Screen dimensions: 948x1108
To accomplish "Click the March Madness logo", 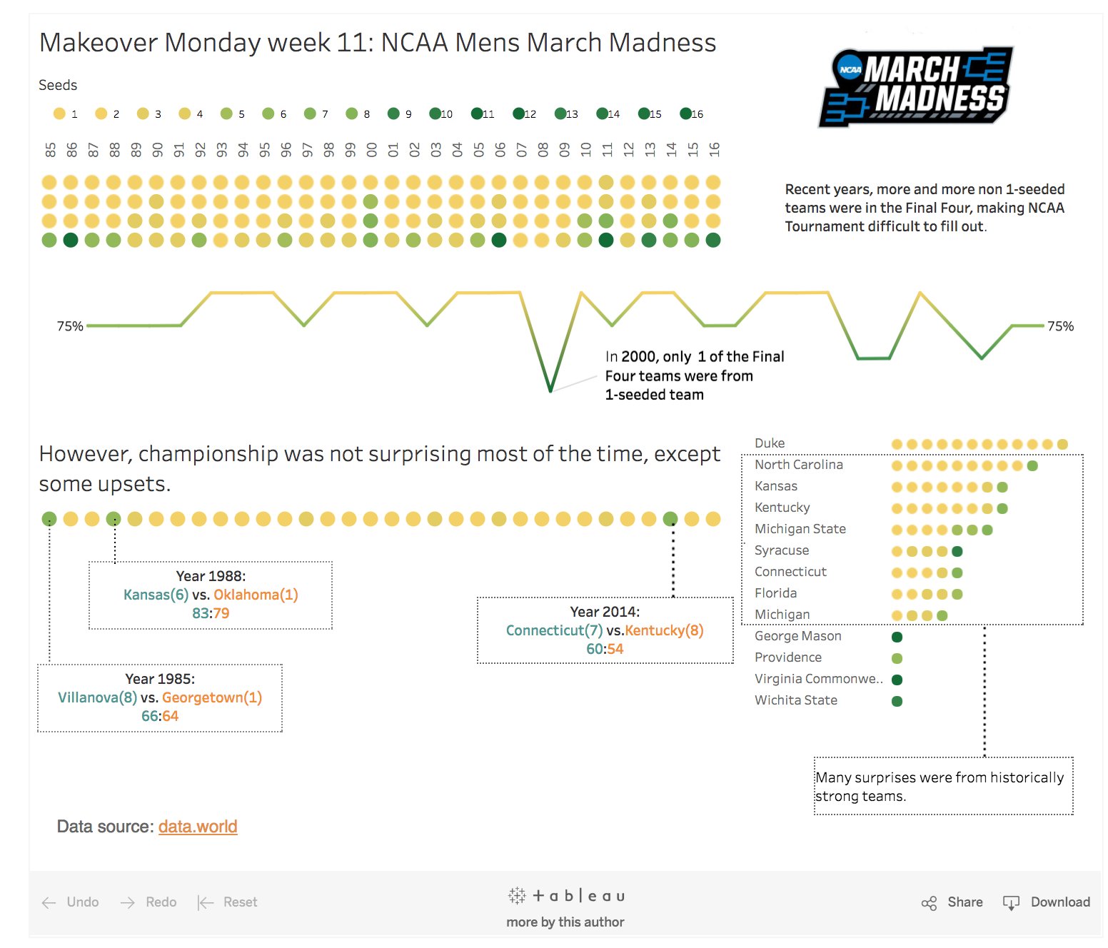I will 917,87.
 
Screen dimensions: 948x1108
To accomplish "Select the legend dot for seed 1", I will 59,114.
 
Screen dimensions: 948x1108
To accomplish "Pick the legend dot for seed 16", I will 685,114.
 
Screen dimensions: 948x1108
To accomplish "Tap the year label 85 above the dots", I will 50,150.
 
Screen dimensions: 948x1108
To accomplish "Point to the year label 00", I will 371,150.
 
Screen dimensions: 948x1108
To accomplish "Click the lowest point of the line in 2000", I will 550,390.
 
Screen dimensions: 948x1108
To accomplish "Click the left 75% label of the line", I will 70,326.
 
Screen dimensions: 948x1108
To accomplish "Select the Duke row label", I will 770,443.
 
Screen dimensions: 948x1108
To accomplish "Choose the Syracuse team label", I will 782,550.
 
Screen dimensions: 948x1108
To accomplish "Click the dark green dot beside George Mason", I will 897,637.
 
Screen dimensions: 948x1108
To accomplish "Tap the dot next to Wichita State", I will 897,701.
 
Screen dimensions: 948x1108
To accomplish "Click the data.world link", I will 198,827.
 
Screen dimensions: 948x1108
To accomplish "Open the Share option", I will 965,902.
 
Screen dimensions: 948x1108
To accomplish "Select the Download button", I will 1059,902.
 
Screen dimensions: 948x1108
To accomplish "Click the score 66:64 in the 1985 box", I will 160,716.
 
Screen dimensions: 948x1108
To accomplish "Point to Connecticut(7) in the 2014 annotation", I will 554,630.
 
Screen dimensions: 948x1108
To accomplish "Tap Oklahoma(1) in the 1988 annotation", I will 256,595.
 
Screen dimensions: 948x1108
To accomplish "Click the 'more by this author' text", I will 565,922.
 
